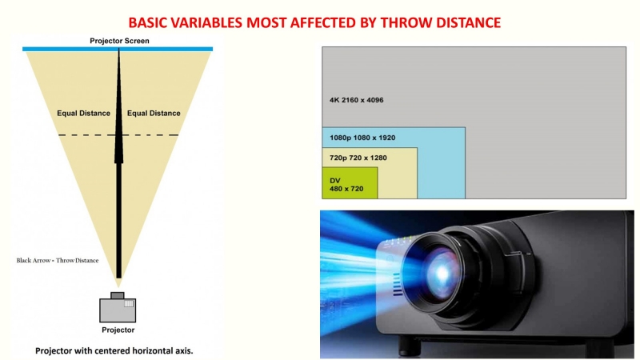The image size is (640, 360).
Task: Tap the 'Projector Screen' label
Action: point(118,41)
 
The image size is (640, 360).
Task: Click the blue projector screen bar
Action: point(118,50)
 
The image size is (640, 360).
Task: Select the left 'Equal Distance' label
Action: point(83,114)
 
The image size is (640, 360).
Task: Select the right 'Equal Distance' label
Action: point(154,114)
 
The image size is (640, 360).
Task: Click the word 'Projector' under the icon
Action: point(118,330)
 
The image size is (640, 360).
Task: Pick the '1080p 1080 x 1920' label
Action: point(362,138)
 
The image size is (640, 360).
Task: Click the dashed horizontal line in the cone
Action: point(118,135)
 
